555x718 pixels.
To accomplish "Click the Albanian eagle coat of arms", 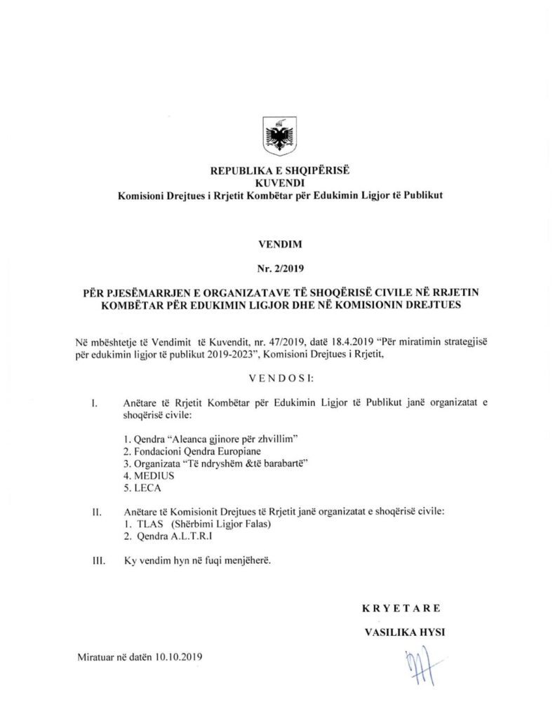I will coord(278,136).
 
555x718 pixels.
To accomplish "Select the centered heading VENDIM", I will coord(277,246).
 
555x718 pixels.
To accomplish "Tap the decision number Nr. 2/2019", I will coord(277,267).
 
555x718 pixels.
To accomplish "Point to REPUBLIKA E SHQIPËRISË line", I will coord(279,170).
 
